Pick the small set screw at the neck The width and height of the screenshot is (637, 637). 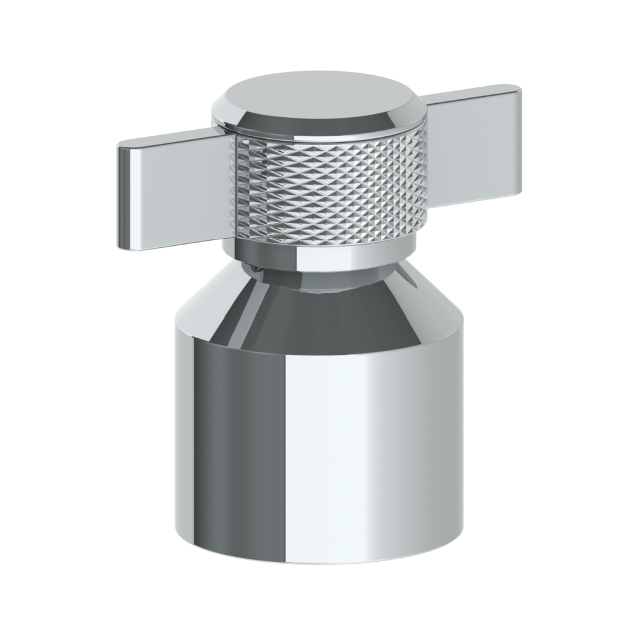click(256, 269)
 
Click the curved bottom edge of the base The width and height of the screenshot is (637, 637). click(318, 559)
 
